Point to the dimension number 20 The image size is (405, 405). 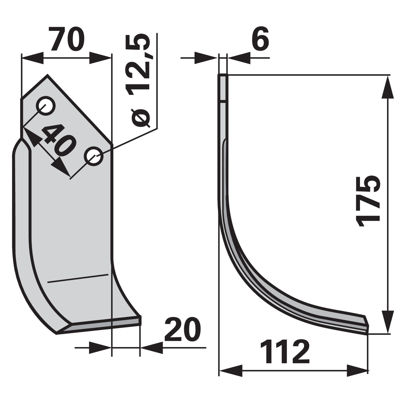coord(182,329)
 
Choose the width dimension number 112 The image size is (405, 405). coord(285,352)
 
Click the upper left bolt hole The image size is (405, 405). coord(46,105)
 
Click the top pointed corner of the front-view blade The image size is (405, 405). coord(47,75)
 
